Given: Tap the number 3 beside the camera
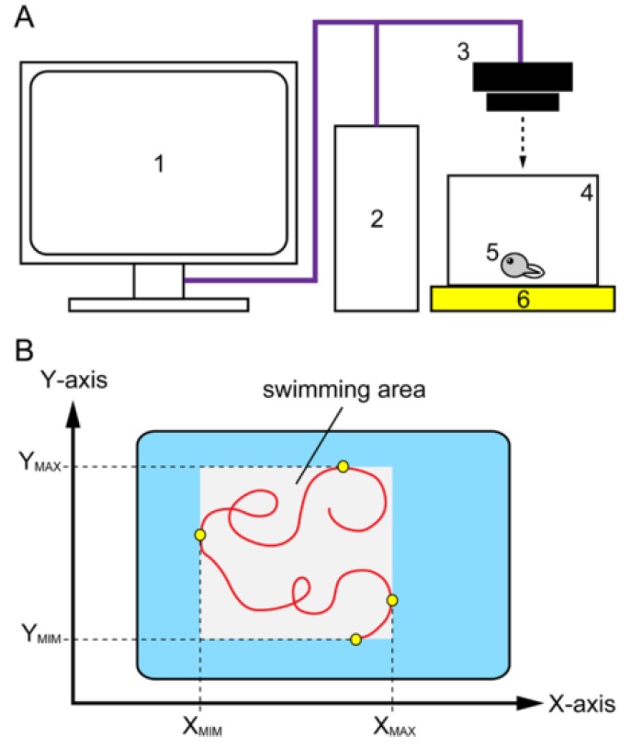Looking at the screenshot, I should click(462, 52).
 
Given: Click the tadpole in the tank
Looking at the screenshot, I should click(519, 266).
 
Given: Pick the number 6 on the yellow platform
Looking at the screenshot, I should click(522, 301).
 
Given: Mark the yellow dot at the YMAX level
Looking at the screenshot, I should click(343, 467).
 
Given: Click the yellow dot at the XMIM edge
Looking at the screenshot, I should click(200, 535).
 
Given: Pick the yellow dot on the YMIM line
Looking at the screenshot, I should click(355, 639).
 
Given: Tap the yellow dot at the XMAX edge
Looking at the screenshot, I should click(392, 600).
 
